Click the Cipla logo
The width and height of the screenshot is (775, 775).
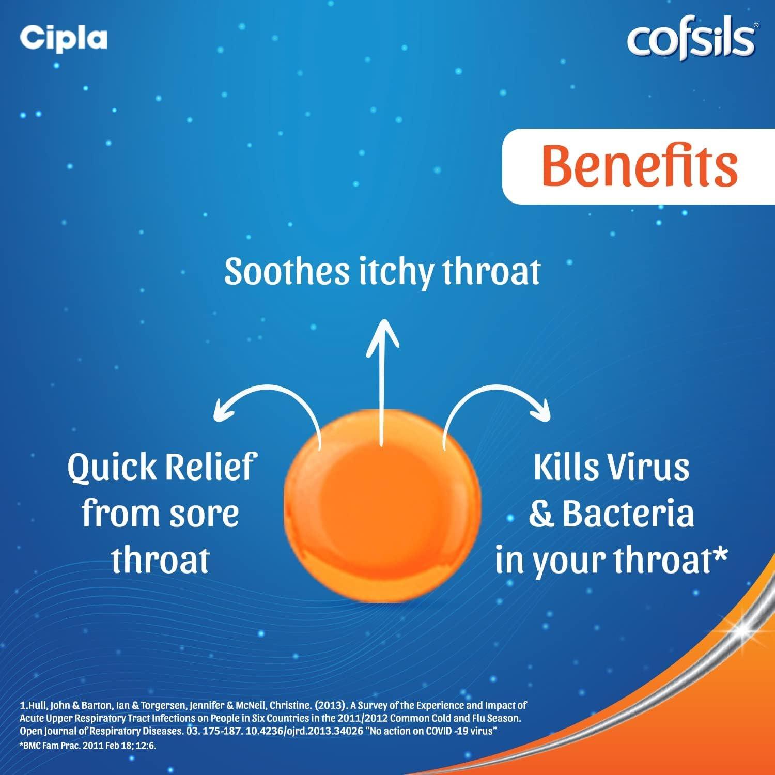tap(63, 38)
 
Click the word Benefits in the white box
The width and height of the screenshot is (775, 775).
tap(640, 166)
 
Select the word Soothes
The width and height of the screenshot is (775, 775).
tap(287, 271)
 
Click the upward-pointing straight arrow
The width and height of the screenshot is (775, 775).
tap(382, 377)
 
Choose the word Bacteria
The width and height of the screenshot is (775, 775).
tap(628, 514)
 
